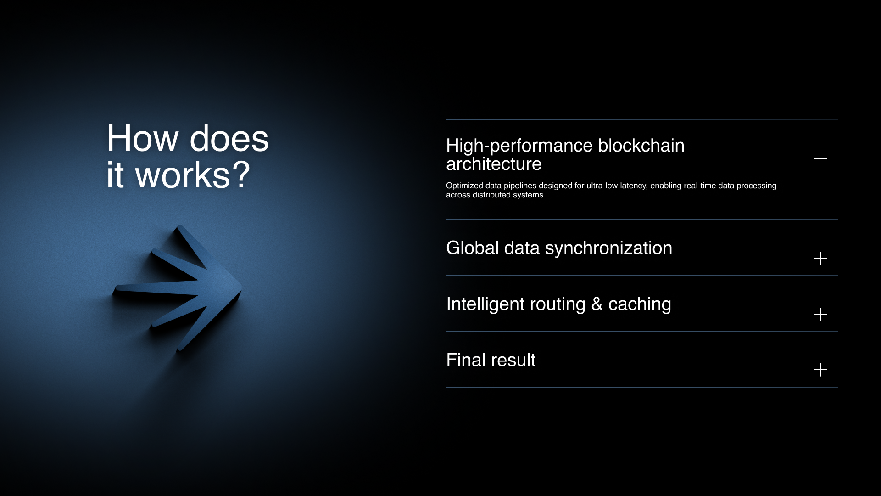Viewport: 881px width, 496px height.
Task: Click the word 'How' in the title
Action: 143,138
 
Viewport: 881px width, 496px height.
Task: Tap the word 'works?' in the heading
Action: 193,175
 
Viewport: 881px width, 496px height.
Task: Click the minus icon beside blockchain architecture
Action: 820,159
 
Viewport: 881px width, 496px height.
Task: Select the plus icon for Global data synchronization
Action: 820,259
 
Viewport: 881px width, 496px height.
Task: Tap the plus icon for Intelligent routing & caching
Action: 820,314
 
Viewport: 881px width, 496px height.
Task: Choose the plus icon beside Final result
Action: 820,370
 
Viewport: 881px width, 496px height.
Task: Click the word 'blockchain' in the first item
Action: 641,146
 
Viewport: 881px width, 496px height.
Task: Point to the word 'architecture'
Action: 494,164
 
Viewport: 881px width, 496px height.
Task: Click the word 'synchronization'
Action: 608,248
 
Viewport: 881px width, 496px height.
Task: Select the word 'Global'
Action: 473,248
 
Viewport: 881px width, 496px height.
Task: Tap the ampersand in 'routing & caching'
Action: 597,304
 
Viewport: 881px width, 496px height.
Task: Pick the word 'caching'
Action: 640,304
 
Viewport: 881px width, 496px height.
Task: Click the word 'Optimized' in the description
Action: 464,186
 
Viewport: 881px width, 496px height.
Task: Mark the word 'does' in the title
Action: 229,138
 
